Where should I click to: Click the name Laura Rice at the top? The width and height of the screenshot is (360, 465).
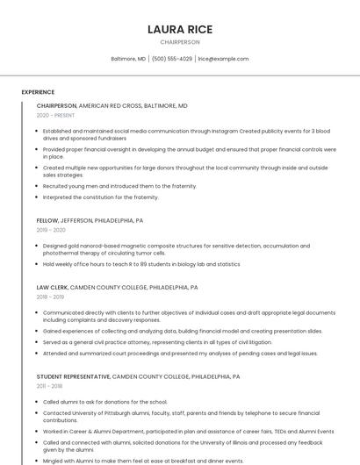180,29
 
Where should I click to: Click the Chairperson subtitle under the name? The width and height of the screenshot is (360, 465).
180,42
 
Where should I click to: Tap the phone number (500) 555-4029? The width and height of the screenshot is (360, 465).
172,59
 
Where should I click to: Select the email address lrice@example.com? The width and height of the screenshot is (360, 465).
223,59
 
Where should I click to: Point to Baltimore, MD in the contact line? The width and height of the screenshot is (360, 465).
128,59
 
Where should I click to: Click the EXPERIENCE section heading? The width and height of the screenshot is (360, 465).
38,91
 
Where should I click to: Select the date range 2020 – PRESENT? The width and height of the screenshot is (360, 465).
55,115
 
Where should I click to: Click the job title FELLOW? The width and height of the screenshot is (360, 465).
47,220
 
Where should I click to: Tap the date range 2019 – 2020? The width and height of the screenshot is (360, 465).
51,230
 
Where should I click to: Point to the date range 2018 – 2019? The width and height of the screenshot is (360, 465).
50,297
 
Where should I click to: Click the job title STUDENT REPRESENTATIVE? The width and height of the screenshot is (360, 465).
73,376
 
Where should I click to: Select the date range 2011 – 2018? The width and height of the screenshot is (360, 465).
49,385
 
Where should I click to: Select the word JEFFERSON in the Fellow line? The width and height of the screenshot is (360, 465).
76,220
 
